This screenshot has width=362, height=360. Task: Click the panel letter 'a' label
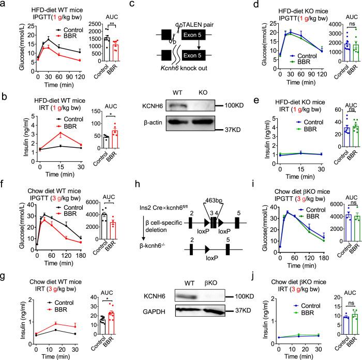tap(4, 5)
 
